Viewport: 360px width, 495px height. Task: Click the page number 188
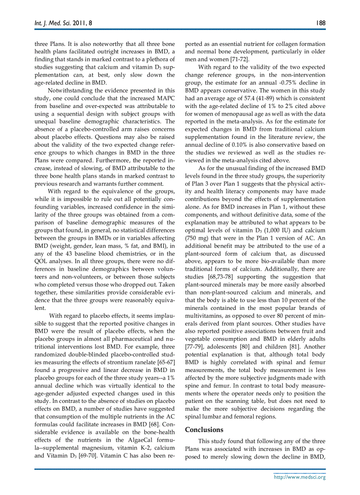click(x=320, y=22)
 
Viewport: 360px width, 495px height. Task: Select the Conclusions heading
click(x=204, y=429)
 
